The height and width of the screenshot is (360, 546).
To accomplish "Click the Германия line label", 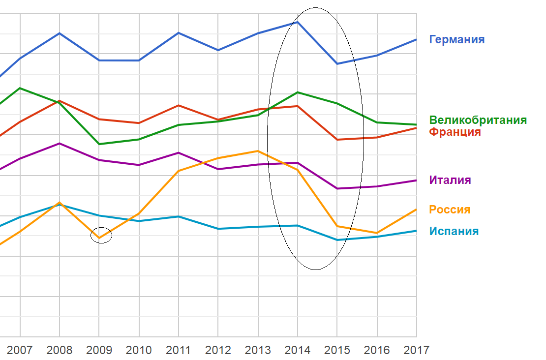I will [x=456, y=39].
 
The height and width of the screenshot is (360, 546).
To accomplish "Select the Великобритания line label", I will [x=478, y=120].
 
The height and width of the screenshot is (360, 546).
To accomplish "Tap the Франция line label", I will [x=455, y=132].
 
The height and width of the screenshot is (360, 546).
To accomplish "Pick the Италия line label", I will [x=450, y=180].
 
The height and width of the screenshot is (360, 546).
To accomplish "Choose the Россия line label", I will [x=450, y=210].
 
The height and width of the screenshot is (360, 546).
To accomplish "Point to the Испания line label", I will [x=454, y=231].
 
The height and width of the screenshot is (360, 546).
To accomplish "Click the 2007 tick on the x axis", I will [x=20, y=350].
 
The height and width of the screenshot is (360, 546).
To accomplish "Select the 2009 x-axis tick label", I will [x=99, y=350].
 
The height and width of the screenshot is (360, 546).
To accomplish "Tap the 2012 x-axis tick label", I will [x=218, y=350].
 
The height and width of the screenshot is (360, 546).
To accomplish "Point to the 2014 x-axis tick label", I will [x=298, y=350].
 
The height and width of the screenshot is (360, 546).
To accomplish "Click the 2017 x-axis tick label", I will [x=416, y=350].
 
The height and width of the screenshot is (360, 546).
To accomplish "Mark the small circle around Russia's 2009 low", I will [x=101, y=235].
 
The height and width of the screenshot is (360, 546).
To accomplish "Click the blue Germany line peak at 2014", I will [x=298, y=22].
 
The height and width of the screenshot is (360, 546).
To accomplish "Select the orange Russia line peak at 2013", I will [x=258, y=151].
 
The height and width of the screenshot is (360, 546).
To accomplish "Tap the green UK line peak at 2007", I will [x=20, y=88].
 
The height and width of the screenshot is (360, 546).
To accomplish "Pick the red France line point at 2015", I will [x=337, y=140].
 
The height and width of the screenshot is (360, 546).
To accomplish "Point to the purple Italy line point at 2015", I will [x=337, y=188].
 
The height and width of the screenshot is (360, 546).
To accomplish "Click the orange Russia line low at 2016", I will [x=377, y=233].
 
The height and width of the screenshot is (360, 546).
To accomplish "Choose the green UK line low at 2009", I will [x=99, y=144].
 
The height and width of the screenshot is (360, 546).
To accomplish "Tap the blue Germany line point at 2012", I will [x=218, y=50].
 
